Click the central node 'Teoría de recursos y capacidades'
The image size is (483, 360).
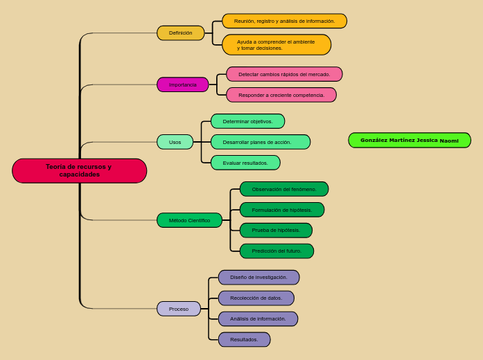(79, 171)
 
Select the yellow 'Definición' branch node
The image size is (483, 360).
(181, 33)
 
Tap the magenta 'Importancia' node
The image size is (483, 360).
(183, 84)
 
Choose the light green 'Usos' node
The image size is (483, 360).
(175, 142)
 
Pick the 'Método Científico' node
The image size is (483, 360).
(189, 220)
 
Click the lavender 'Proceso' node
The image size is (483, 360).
(179, 309)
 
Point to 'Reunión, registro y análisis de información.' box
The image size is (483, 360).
(284, 21)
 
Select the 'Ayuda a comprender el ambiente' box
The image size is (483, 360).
(276, 45)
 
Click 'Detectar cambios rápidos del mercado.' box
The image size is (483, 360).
(284, 74)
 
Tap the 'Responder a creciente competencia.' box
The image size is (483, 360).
(281, 95)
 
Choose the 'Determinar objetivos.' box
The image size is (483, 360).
(247, 121)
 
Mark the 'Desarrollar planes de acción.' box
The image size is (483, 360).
(261, 142)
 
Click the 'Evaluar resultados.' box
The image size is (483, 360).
(245, 163)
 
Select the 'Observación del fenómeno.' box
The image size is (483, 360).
(284, 189)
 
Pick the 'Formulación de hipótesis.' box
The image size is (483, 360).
(282, 210)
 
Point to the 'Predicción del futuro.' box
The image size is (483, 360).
(276, 251)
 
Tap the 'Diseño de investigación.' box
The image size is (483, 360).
(258, 278)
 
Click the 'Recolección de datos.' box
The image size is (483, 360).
(256, 298)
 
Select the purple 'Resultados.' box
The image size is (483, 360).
(244, 339)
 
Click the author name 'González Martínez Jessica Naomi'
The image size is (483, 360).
(410, 141)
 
